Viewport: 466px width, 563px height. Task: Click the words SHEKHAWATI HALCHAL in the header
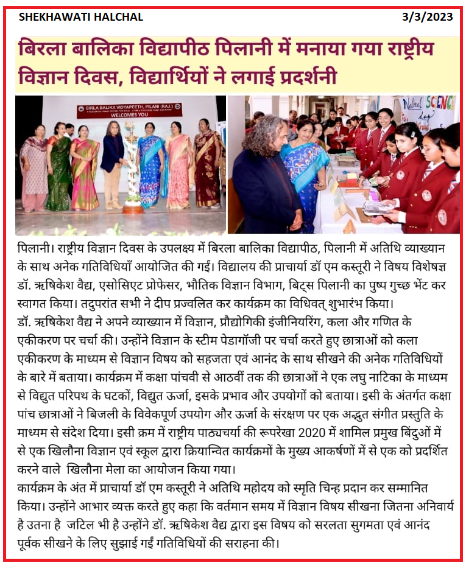[x=81, y=17]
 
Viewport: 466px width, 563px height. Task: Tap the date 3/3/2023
[x=427, y=17]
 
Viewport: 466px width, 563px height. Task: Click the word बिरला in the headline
[x=46, y=49]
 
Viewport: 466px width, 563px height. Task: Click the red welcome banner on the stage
[x=129, y=111]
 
